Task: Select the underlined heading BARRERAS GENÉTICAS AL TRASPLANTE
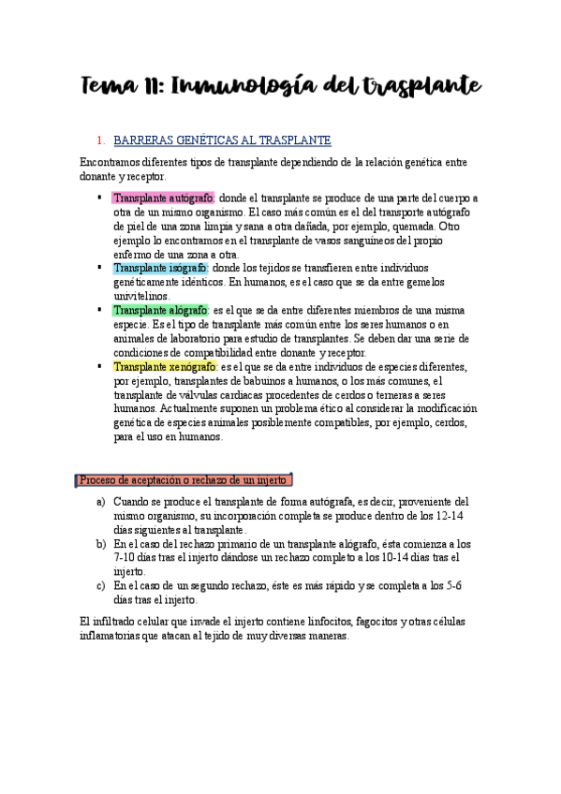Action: tap(221, 140)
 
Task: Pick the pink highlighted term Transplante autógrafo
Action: tap(163, 198)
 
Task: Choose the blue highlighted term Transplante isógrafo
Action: tap(159, 267)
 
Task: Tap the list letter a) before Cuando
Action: tap(101, 502)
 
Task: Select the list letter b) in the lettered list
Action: tap(101, 543)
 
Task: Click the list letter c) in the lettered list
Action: tap(101, 585)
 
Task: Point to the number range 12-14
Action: tap(453, 516)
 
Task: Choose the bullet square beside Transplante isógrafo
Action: tap(99, 267)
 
